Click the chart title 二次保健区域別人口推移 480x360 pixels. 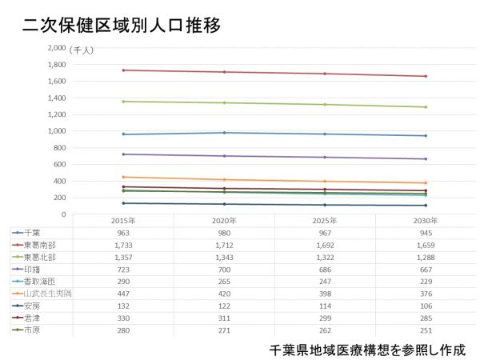point(122,25)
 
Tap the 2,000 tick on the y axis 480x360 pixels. point(57,47)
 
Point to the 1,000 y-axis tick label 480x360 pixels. point(57,131)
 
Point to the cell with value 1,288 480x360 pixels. point(426,258)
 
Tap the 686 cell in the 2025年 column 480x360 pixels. point(325,270)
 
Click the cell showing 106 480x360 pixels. point(426,306)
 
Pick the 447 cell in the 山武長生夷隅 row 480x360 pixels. point(122,294)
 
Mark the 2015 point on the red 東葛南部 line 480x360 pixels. point(122,70)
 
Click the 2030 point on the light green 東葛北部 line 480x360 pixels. point(426,107)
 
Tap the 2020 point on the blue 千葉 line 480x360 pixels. point(223,133)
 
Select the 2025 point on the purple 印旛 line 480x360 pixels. point(325,157)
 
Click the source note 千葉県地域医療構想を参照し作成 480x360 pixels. point(367,350)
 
